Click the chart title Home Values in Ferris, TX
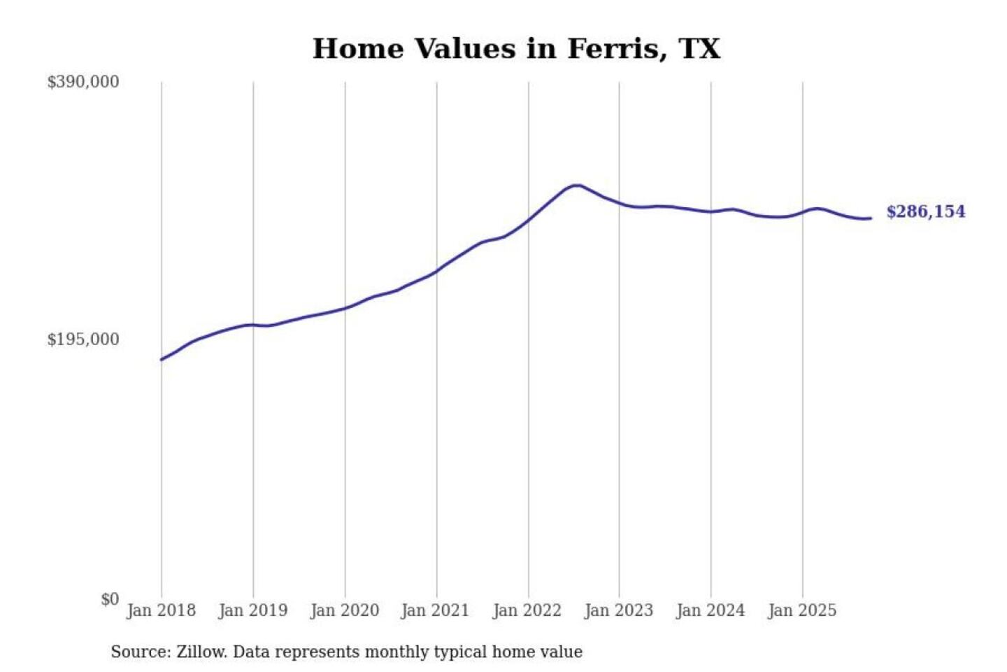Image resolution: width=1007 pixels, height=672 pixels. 516,49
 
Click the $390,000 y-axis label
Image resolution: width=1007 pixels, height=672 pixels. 83,82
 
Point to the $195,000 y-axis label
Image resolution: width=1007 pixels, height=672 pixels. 83,339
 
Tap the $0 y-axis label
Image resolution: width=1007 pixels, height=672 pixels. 110,599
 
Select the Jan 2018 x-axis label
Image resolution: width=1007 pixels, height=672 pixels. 161,610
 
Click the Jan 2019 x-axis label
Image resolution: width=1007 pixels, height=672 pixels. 252,610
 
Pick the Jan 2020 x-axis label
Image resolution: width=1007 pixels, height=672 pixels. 344,610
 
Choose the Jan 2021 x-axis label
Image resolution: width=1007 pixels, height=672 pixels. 435,610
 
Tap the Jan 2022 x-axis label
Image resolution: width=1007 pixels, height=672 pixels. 527,610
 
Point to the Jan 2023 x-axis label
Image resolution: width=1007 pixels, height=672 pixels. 618,610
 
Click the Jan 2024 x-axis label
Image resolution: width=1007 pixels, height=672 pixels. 710,610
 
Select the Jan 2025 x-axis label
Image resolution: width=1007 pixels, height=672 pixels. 801,610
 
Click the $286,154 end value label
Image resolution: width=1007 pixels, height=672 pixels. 925,211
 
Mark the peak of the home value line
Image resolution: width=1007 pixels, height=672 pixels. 576,185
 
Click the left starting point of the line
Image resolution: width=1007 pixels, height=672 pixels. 162,359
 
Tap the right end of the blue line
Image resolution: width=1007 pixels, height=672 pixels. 870,218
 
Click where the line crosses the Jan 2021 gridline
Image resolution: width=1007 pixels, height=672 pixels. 437,270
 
